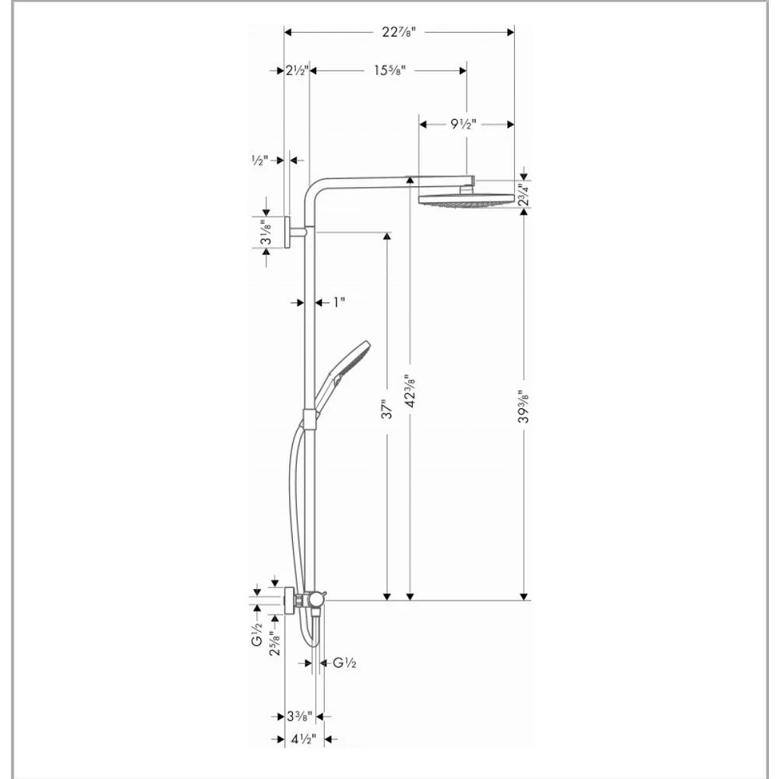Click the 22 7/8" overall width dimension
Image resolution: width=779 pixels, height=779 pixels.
pyautogui.click(x=398, y=32)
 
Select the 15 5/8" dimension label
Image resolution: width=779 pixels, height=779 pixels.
pyautogui.click(x=390, y=70)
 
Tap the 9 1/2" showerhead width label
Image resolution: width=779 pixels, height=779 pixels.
pyautogui.click(x=463, y=123)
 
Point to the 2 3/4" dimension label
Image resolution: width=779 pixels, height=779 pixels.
pyautogui.click(x=521, y=196)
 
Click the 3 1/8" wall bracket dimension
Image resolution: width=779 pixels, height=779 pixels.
pyautogui.click(x=266, y=232)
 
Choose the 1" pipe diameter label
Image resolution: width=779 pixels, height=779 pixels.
pyautogui.click(x=338, y=301)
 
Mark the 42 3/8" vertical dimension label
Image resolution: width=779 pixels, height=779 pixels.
pyautogui.click(x=410, y=390)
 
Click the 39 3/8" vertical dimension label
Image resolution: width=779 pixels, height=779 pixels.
pyautogui.click(x=523, y=406)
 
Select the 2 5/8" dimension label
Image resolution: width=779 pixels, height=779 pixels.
pyautogui.click(x=274, y=643)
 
